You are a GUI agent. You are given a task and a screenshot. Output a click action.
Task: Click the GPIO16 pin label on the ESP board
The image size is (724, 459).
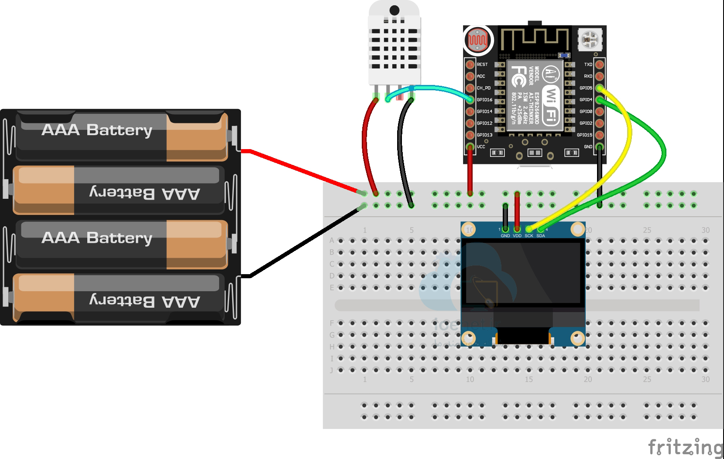pos(484,100)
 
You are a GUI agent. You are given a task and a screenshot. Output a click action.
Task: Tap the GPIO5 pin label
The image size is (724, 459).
pos(586,88)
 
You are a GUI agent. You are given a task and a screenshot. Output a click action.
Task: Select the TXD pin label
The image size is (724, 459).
pos(588,65)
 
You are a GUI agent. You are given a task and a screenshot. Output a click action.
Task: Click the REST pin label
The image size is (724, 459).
pos(482,65)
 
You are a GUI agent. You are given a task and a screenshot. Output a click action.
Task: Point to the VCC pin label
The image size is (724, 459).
pos(481,147)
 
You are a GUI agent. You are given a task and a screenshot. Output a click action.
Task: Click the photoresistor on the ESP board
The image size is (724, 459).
pos(478,40)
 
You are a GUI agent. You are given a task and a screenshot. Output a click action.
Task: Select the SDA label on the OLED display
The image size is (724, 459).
pos(541,236)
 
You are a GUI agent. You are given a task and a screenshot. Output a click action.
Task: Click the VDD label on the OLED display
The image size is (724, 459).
pos(517,236)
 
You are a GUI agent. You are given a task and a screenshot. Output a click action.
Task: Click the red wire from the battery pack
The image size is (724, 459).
pos(301,170)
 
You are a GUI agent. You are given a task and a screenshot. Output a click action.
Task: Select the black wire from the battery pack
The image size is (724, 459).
pos(301,244)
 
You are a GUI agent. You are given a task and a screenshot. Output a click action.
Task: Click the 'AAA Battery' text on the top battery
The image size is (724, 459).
pos(97,130)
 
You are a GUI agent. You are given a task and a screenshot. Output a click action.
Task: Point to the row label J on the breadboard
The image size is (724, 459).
pos(332,370)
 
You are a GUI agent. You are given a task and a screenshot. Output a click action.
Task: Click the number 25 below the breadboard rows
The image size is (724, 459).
pos(647,379)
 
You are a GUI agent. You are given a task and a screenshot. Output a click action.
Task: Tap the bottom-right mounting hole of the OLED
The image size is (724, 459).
pos(577,337)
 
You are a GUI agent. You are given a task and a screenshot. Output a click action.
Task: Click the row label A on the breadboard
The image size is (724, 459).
pos(332,241)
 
